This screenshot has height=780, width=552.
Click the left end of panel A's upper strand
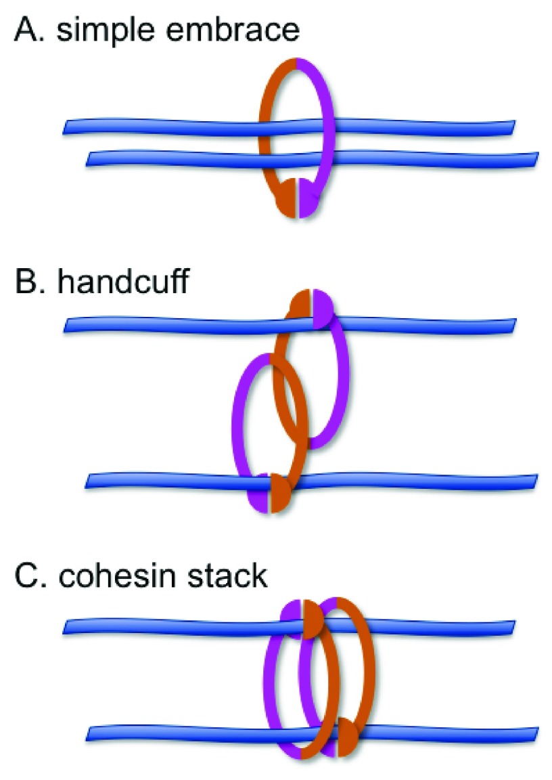pyautogui.click(x=66, y=127)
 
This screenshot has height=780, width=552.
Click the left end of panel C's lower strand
pyautogui.click(x=91, y=733)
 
